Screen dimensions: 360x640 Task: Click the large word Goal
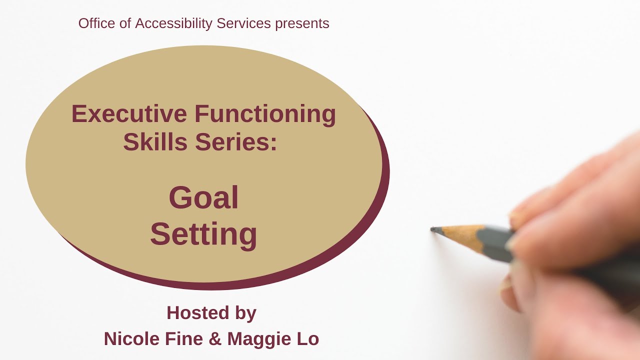[x=203, y=197]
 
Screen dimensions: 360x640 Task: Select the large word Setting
[x=203, y=234]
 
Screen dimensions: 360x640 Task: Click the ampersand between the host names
[x=215, y=339]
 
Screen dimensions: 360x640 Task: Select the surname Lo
[x=307, y=339]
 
